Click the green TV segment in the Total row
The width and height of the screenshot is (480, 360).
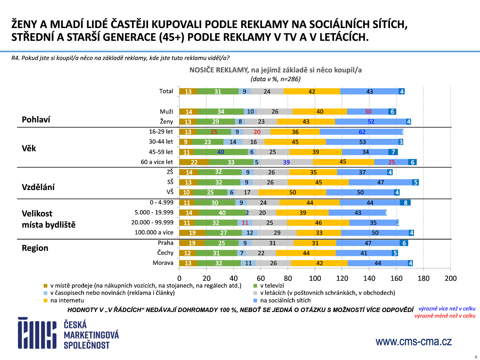point(218,91)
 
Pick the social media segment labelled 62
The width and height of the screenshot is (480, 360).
point(362,132)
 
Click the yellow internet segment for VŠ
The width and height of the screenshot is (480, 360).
point(293,192)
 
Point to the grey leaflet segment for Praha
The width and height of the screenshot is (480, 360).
point(272,243)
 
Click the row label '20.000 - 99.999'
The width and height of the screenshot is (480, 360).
point(152,222)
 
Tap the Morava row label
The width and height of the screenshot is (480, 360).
point(163,263)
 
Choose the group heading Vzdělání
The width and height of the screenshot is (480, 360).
point(38,187)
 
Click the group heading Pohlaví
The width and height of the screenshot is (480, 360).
point(36,120)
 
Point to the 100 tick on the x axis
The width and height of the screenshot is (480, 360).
point(315,278)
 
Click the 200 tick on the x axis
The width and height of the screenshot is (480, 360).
point(451,278)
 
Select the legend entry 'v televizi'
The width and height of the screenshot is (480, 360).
point(272,286)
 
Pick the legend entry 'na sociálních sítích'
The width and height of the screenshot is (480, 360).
point(285,300)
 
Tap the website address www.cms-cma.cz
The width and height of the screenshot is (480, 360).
point(413,342)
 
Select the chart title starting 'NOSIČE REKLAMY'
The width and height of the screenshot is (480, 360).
point(275,70)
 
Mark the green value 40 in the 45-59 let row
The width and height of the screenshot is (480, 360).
point(220,152)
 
